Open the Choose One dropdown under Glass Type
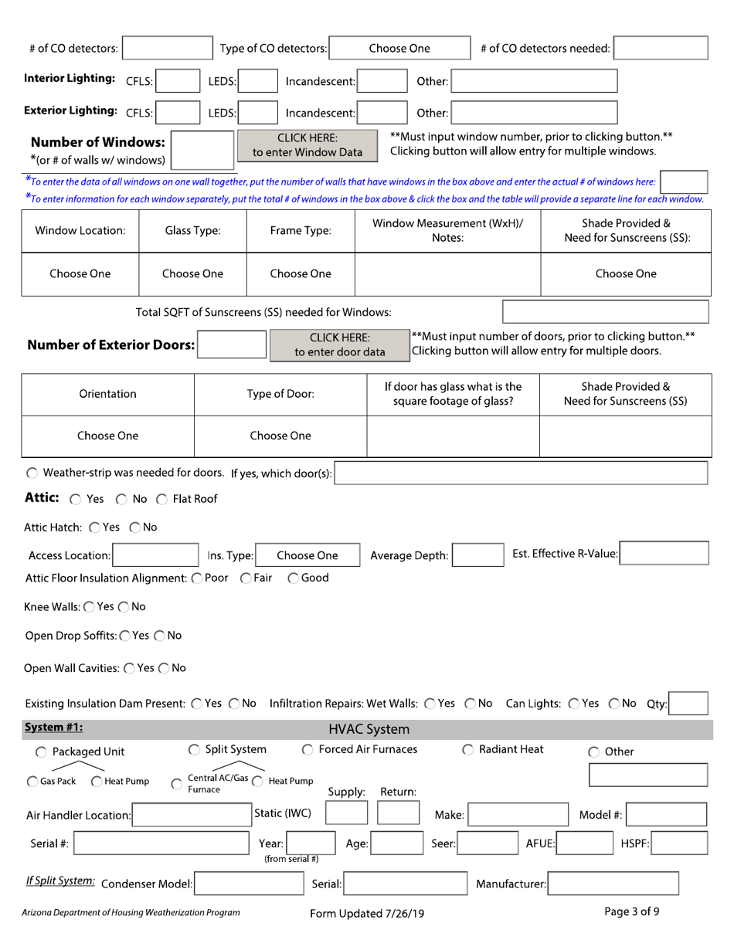point(192,273)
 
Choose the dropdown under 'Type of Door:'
point(280,436)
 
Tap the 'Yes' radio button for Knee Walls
point(85,606)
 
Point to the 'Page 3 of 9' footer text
point(632,911)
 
